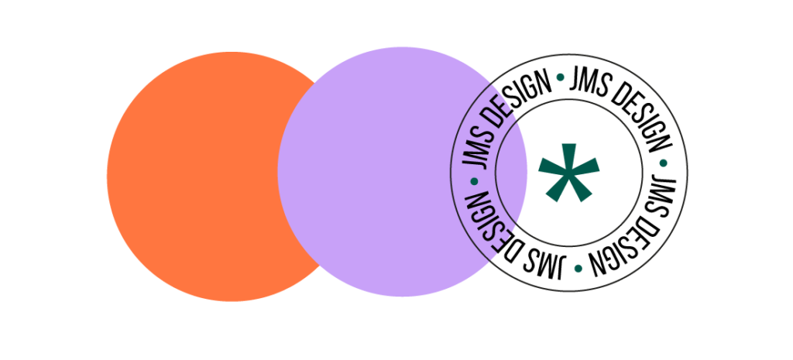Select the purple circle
(x=402, y=172)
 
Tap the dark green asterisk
(x=569, y=173)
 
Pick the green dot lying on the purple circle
(x=474, y=180)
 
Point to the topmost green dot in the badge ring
(x=561, y=77)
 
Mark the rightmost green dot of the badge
(x=663, y=163)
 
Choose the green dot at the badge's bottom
(x=578, y=268)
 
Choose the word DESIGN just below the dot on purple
(x=485, y=223)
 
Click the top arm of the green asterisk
(x=569, y=156)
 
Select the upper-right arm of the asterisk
(x=586, y=166)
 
